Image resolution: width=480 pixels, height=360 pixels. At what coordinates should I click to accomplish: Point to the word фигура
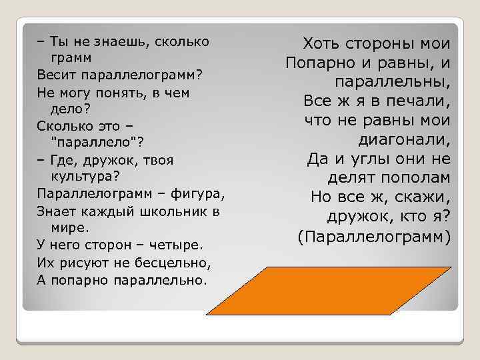click(199, 193)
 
